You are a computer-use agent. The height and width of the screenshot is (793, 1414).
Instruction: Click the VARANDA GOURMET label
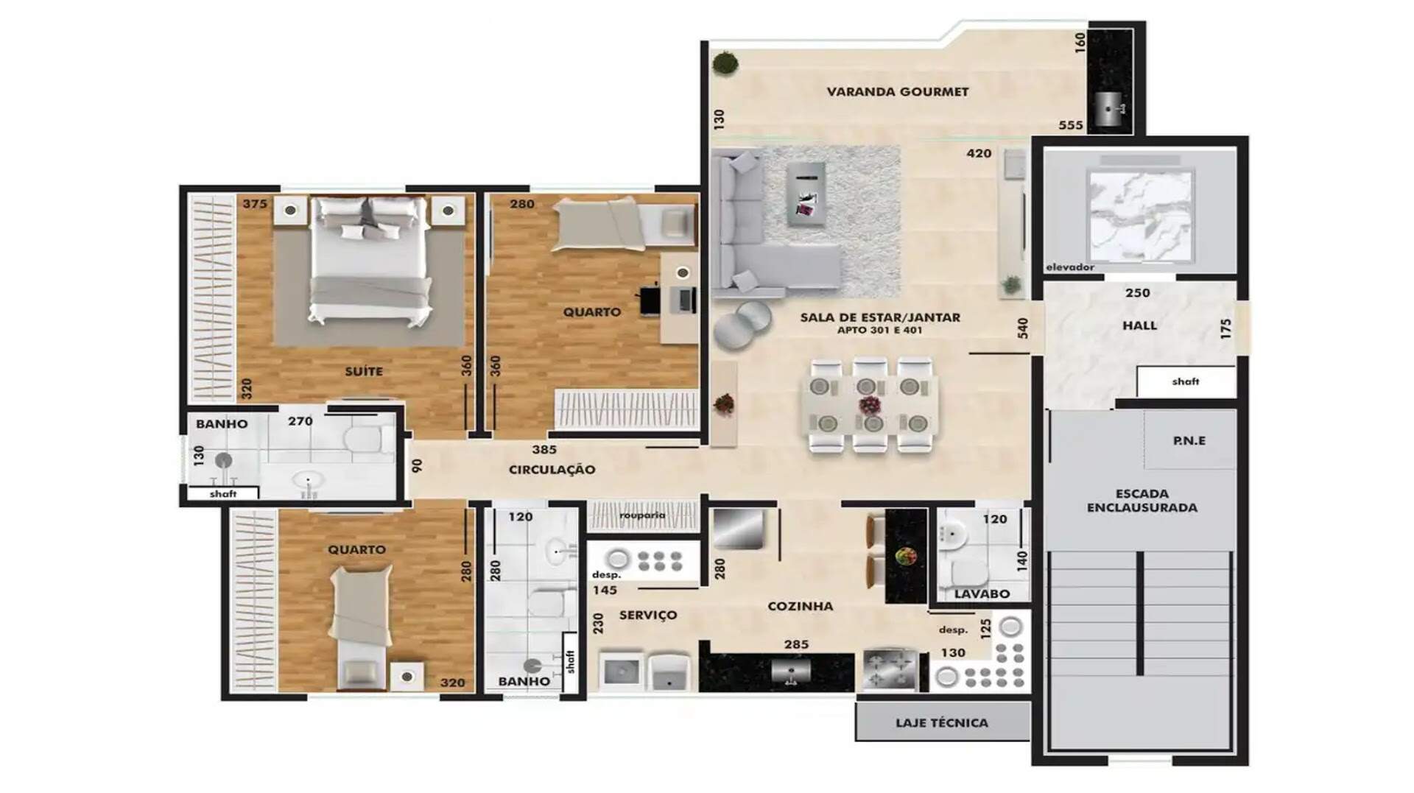tap(897, 92)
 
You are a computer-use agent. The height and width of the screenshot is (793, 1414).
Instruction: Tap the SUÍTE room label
tap(364, 371)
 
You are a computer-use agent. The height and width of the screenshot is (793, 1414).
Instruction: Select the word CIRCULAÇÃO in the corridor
tap(552, 470)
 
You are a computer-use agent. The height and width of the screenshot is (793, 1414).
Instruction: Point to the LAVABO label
tap(982, 593)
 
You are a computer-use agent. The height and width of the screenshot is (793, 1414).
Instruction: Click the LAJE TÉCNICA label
tap(942, 723)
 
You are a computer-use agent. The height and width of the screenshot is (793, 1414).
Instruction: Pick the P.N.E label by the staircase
tap(1189, 441)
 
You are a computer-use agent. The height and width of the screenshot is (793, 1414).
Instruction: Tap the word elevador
tap(1070, 267)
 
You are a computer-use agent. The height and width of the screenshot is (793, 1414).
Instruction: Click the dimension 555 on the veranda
tap(1071, 126)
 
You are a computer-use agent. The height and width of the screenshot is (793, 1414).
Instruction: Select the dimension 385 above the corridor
tap(544, 449)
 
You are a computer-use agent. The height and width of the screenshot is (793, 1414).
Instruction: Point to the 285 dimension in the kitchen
tap(796, 644)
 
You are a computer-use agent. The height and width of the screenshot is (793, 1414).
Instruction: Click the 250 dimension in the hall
tap(1137, 293)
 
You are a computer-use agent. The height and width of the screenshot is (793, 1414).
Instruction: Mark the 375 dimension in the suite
tap(255, 204)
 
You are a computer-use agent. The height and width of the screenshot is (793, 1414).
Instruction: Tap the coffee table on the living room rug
tap(806, 194)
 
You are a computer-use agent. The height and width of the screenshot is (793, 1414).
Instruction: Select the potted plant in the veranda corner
tap(726, 63)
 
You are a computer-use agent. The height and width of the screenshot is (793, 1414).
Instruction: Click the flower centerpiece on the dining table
tap(870, 405)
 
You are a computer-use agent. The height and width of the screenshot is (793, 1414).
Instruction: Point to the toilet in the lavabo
tap(968, 571)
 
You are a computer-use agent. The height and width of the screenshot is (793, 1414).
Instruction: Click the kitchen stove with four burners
tap(889, 669)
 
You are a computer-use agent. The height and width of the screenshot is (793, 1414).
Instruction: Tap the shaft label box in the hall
tap(1186, 381)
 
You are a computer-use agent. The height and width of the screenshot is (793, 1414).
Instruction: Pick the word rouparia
tap(642, 515)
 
